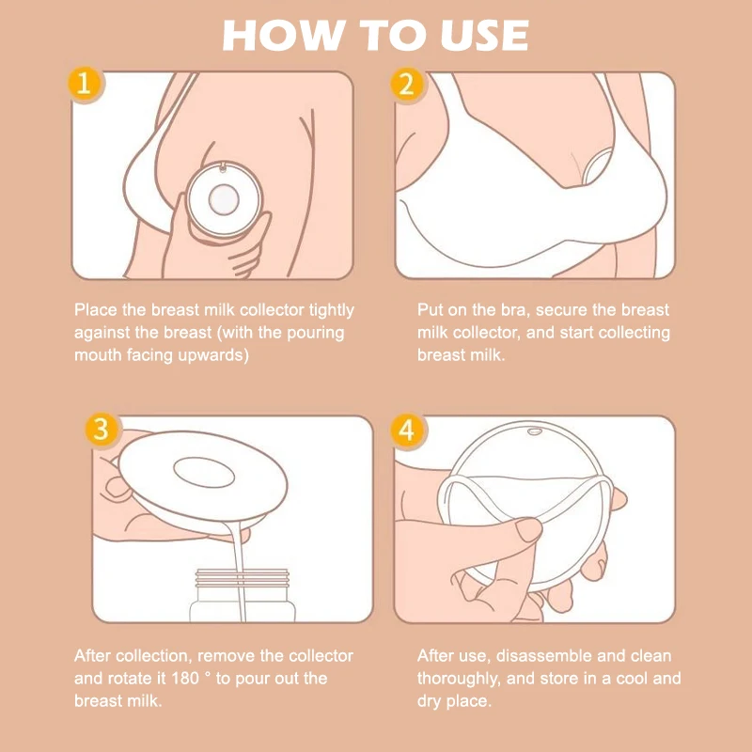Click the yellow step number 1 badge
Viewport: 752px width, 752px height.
click(84, 84)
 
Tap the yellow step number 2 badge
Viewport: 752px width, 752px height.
click(407, 85)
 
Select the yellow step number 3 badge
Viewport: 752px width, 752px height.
click(102, 430)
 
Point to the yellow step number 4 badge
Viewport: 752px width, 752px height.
click(407, 430)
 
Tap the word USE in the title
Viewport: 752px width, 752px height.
click(484, 36)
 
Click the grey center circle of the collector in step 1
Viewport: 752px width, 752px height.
click(224, 199)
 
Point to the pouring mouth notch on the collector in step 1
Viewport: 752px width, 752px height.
click(222, 167)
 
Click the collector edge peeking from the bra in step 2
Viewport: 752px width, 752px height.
click(595, 165)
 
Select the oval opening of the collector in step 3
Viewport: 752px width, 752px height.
click(204, 473)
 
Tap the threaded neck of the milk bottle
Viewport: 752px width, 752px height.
click(243, 579)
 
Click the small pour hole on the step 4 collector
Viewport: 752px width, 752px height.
click(534, 431)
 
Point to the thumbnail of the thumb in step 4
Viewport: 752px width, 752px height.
click(528, 529)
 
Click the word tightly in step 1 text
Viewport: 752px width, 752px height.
click(332, 311)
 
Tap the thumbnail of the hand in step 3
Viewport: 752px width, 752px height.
click(116, 487)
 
